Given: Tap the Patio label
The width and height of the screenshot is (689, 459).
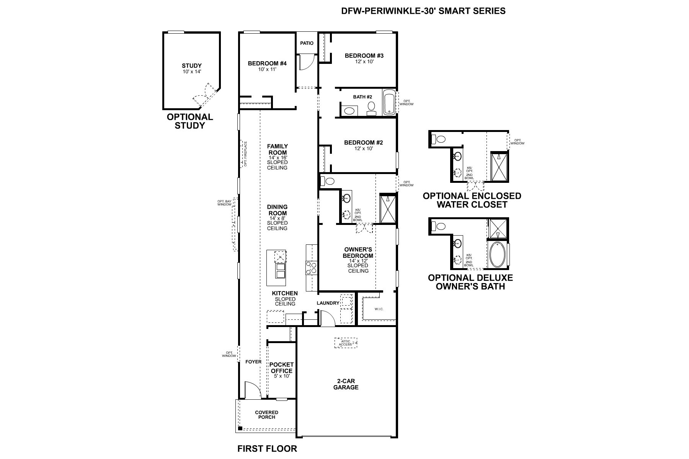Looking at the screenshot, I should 307,43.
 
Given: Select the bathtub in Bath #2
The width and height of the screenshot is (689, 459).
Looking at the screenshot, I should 389,102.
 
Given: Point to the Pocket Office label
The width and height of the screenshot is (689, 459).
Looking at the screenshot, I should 281,368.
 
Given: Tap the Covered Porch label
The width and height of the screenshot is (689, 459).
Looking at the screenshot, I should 266,415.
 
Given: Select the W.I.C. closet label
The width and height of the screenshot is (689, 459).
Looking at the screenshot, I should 379,309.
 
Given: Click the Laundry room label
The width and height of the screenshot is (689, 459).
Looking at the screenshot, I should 328,303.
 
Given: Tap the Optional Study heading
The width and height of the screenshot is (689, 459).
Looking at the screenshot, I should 190,121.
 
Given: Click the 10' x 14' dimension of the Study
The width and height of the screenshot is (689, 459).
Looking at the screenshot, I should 191,72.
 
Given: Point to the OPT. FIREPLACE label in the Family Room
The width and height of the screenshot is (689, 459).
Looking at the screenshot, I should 245,154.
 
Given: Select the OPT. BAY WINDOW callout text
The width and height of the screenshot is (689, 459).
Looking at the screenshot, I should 225,203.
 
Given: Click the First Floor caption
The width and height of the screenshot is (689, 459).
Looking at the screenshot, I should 267,449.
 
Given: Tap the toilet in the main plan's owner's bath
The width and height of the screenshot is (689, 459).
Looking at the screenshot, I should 328,181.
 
